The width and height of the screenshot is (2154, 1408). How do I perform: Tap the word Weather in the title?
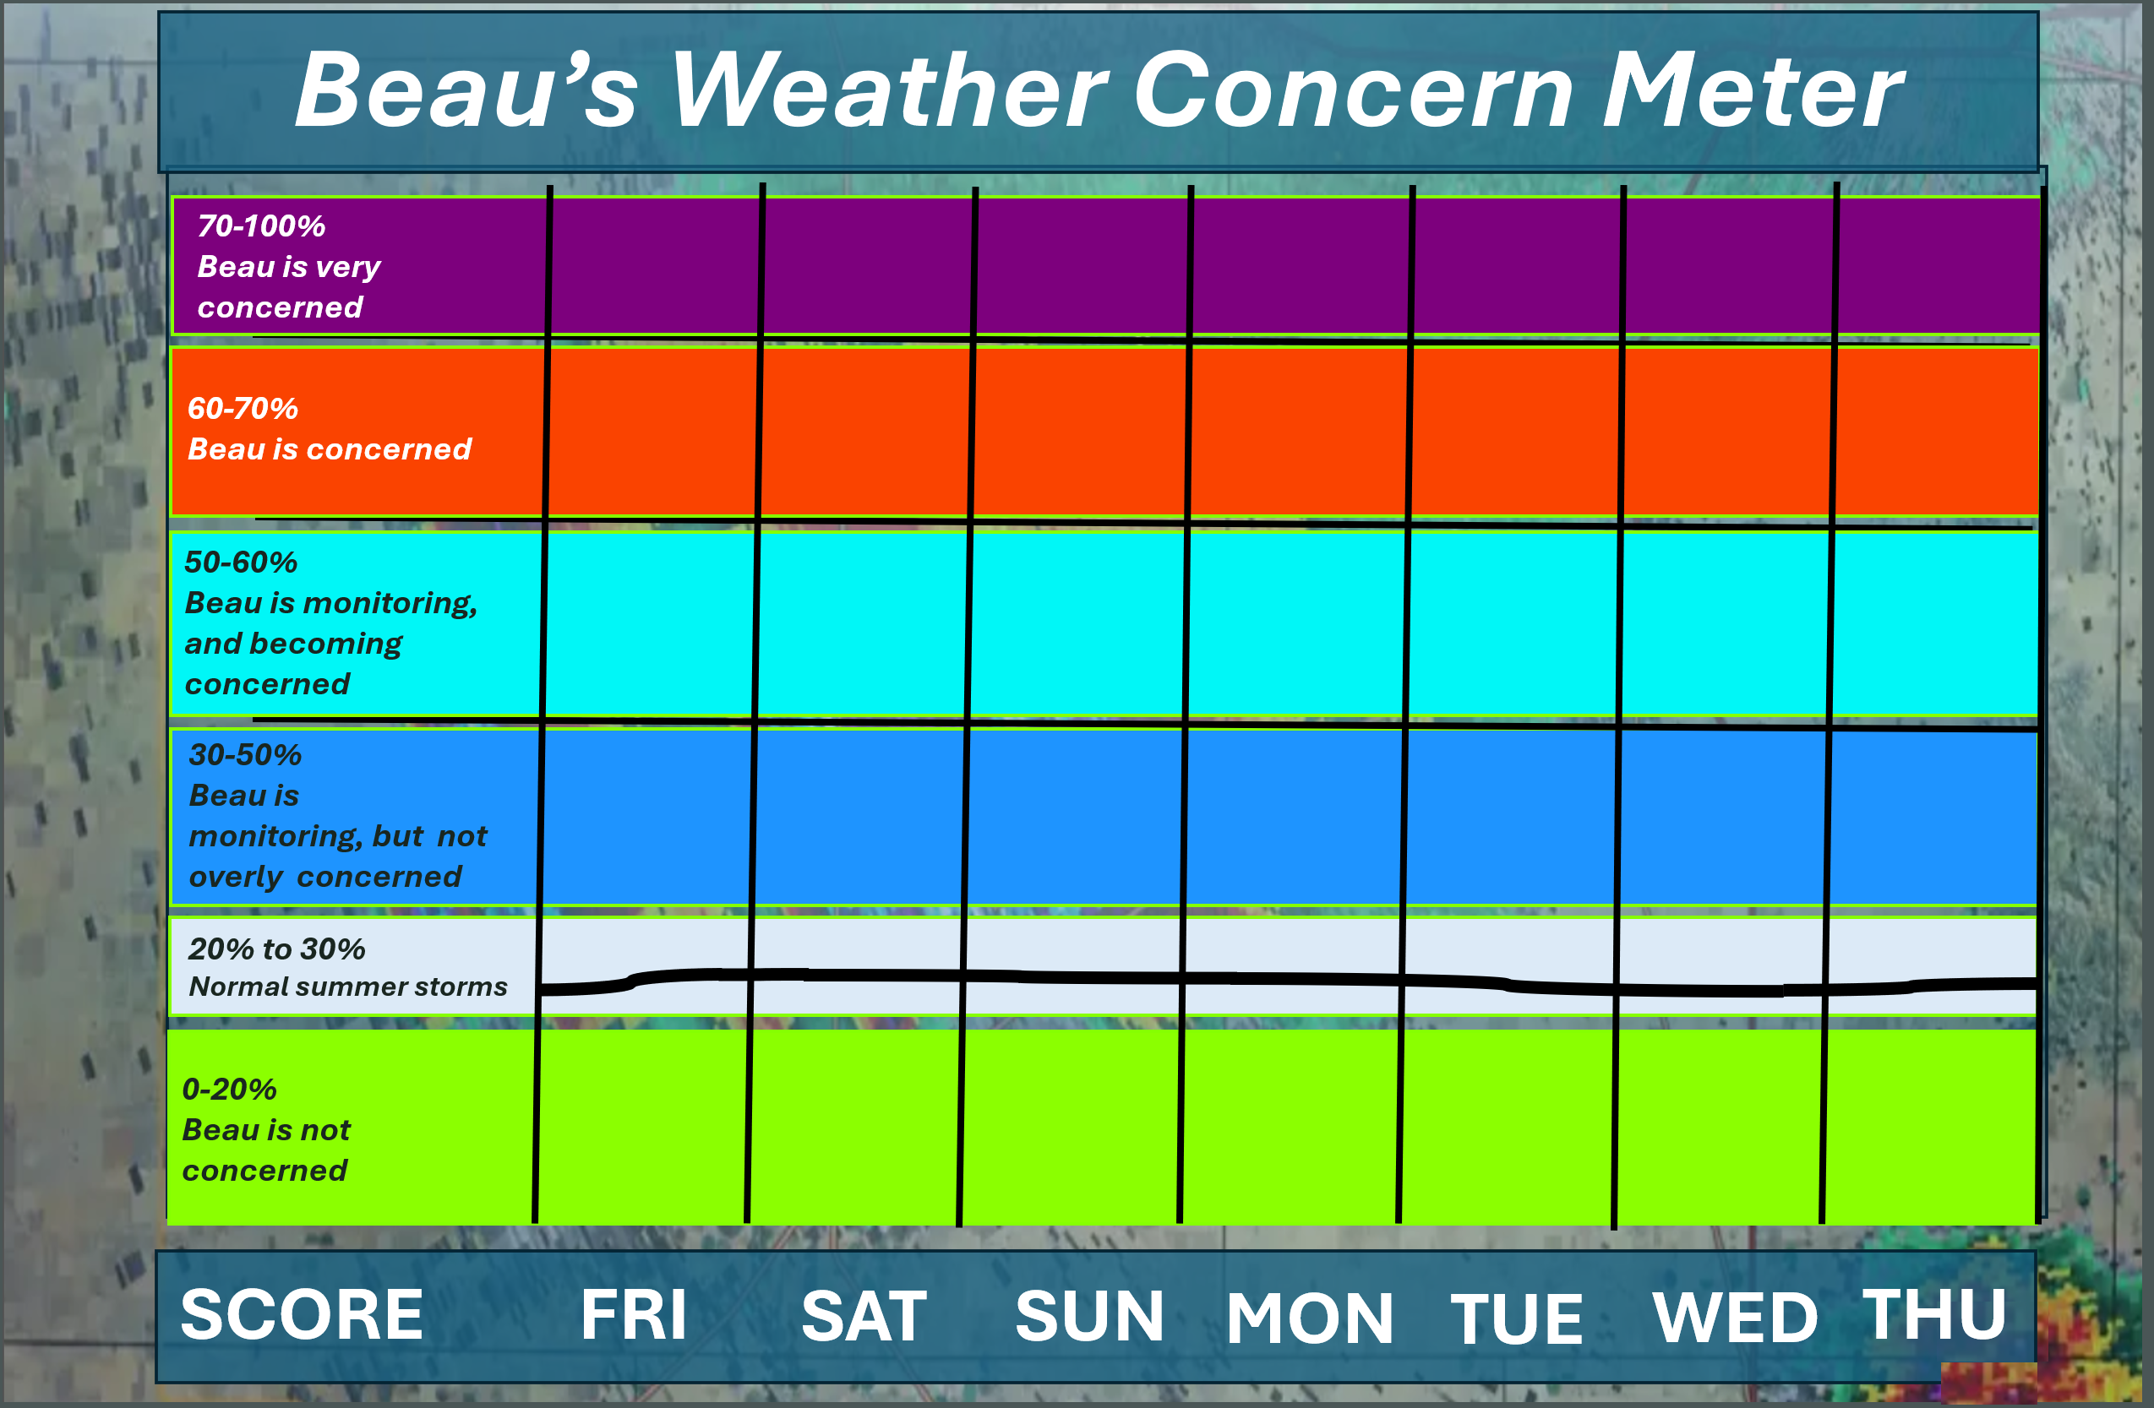click(889, 89)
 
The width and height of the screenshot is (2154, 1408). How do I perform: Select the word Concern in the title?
click(1354, 89)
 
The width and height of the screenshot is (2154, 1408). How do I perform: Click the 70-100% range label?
click(262, 226)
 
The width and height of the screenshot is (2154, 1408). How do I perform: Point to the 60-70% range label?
click(243, 408)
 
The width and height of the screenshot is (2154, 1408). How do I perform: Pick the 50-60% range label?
click(241, 562)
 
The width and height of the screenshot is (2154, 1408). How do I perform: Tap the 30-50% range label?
click(245, 754)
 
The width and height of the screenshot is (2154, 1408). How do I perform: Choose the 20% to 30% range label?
click(277, 949)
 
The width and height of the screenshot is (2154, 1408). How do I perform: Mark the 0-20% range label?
click(229, 1089)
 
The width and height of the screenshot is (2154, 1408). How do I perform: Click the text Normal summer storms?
click(348, 987)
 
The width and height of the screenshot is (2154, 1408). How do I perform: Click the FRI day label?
click(634, 1315)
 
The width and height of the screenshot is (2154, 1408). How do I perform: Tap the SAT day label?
click(864, 1316)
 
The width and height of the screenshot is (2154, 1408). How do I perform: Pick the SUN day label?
click(1089, 1316)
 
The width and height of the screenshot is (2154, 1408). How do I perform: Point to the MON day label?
click(1310, 1318)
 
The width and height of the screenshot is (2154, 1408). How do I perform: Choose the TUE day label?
click(1517, 1318)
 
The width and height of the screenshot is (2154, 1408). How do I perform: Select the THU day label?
click(1935, 1314)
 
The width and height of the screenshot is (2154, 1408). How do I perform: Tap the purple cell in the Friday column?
click(655, 265)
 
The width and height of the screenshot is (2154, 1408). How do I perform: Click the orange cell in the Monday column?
click(1299, 432)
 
